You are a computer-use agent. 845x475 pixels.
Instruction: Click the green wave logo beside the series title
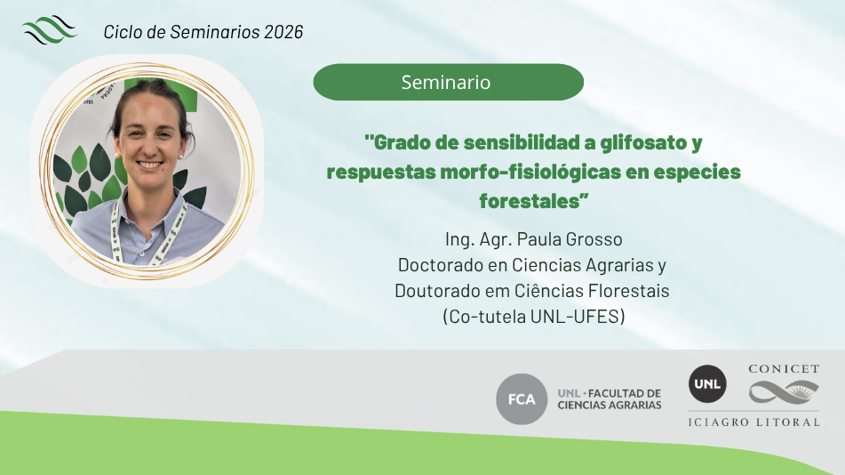(50, 29)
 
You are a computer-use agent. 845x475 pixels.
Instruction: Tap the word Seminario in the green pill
(446, 82)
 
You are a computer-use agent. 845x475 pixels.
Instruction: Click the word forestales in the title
(530, 201)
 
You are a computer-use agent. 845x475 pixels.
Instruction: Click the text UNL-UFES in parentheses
(575, 317)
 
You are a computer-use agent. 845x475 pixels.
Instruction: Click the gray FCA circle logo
(521, 399)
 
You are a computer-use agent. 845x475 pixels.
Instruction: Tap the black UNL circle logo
(707, 383)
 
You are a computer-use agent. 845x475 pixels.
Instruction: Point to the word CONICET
(784, 369)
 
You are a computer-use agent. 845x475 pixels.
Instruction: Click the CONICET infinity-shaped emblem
(784, 392)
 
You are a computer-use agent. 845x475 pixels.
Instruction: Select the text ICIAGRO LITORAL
(753, 423)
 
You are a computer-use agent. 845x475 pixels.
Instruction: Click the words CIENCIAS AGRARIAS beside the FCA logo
(609, 406)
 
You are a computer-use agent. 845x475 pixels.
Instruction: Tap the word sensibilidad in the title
(521, 143)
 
